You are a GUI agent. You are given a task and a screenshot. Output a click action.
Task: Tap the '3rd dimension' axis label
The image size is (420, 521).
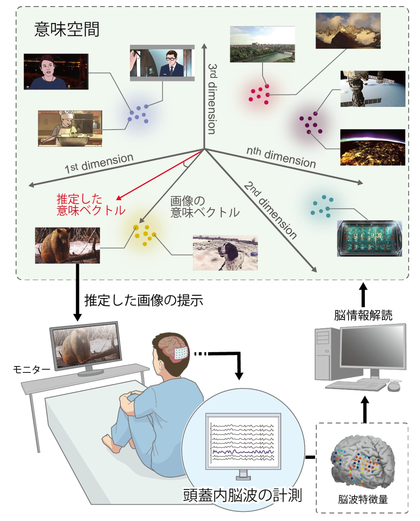[x=212, y=99]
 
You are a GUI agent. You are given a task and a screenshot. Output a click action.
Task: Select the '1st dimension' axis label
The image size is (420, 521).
[x=99, y=163]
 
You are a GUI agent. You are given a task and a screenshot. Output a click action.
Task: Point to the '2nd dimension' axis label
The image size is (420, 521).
[x=270, y=211]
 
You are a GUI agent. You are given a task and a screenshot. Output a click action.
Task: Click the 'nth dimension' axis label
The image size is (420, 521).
[x=281, y=157]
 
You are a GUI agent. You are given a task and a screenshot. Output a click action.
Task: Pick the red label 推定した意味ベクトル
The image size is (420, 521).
[x=91, y=205]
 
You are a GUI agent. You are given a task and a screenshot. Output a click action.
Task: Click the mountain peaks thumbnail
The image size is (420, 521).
[x=348, y=31]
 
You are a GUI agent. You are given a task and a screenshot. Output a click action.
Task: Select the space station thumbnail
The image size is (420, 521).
[x=373, y=89]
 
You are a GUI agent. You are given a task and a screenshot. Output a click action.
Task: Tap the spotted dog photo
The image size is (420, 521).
[x=225, y=253]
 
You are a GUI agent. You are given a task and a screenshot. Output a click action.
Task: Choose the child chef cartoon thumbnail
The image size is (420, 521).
[x=70, y=129]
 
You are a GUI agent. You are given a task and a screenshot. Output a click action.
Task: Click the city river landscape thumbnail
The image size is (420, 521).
[x=262, y=44]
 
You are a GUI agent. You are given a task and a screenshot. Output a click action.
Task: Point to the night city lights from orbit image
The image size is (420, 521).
[x=373, y=147]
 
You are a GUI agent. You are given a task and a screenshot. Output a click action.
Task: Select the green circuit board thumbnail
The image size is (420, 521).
[x=370, y=238]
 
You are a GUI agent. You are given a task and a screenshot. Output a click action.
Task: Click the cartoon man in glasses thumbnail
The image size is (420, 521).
[x=162, y=63]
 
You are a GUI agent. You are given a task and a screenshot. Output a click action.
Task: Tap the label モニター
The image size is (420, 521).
[x=31, y=369]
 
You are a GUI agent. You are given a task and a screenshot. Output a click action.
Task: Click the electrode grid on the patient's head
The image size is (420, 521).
[x=181, y=353]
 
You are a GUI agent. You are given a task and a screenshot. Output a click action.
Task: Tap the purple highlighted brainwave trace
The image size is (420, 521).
[x=243, y=452]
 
